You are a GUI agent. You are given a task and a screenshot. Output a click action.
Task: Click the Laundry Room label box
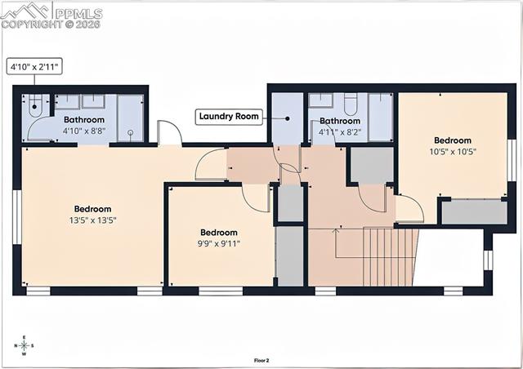point(230,117)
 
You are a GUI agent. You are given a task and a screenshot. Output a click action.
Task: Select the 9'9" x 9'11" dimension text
point(218,242)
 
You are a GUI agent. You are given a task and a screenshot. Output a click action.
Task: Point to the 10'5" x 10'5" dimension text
point(453,151)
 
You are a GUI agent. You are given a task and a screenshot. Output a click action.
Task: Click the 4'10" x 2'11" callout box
point(35,66)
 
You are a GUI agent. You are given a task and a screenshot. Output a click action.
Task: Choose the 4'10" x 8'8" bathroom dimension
point(85,131)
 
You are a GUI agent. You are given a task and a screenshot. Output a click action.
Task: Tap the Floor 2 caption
point(261,359)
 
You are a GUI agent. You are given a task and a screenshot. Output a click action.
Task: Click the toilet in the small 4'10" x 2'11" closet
point(34,104)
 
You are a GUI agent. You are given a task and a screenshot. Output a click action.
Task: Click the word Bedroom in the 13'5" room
point(92,209)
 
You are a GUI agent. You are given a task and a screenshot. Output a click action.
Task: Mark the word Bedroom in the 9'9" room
point(219,232)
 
